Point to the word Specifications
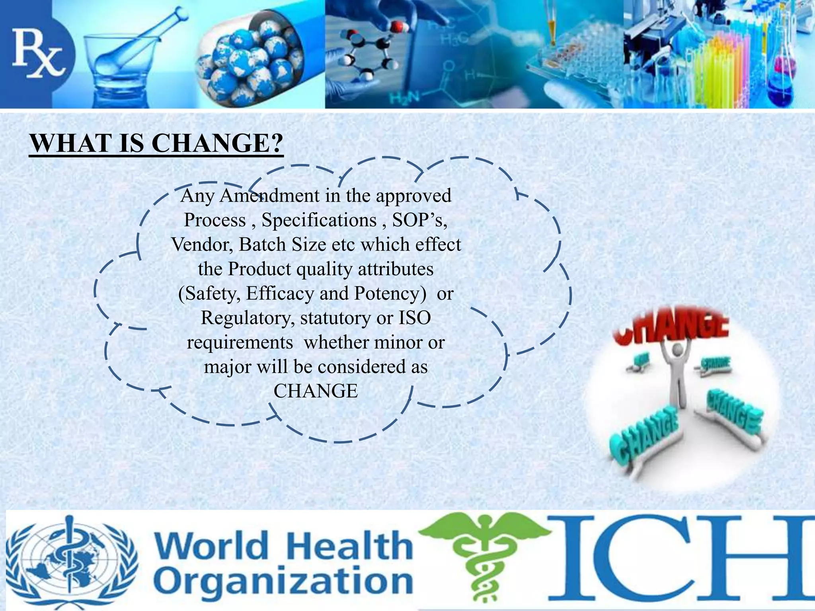point(319,220)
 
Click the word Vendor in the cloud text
point(202,245)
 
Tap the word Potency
point(387,294)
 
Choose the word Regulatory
point(247,318)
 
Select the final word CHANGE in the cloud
point(316,391)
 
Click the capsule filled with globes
point(251,60)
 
